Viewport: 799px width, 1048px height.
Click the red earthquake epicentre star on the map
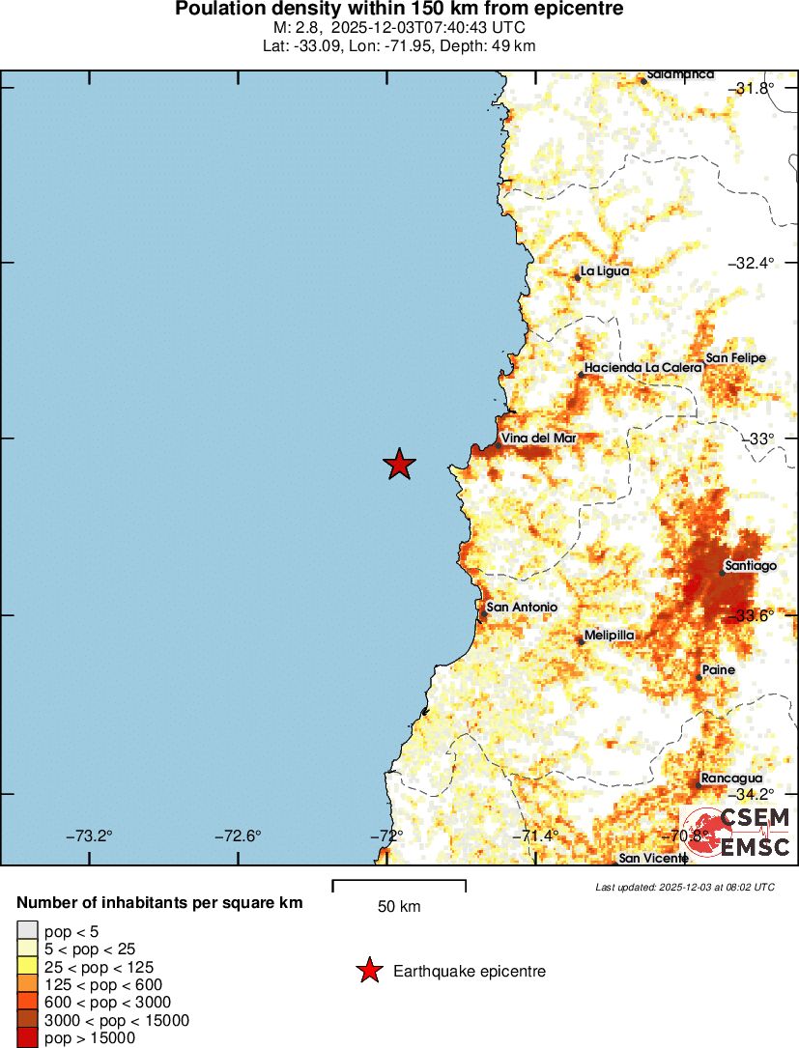[x=399, y=465]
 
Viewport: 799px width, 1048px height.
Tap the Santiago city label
[x=751, y=566]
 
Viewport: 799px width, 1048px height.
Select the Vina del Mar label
[x=539, y=438]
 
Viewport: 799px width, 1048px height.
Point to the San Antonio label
[x=522, y=607]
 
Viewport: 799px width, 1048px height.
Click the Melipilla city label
[x=609, y=635]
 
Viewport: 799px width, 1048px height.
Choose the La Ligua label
[x=604, y=271]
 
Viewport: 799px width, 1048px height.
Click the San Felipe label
[x=735, y=357]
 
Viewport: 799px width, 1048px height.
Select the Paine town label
[x=718, y=670]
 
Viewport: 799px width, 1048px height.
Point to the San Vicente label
[x=653, y=858]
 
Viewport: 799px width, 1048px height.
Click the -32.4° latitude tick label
[x=752, y=263]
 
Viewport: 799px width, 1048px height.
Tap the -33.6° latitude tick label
[x=752, y=615]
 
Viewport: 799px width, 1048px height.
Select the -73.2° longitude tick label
[x=89, y=836]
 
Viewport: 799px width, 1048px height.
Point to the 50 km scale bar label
[x=398, y=906]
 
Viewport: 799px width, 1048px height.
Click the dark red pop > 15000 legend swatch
[x=28, y=1038]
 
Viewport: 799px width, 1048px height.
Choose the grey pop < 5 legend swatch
[x=28, y=930]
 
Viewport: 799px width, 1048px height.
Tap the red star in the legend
[x=369, y=972]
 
